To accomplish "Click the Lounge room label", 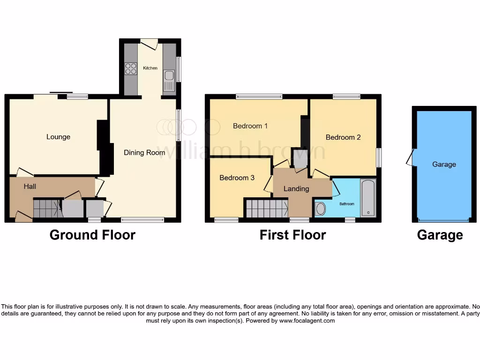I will pos(58,137).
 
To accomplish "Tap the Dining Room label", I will pos(144,152).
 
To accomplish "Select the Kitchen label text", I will pos(150,68).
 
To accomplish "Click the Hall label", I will pos(30,187).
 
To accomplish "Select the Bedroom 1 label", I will pos(250,126).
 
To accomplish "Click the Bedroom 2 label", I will pos(343,137).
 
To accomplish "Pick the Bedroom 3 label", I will pos(237,178).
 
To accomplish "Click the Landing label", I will pos(296,188).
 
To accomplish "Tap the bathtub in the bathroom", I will pos(368,198).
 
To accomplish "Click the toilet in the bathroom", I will pos(321,208).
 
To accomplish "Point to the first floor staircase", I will pos(266,208).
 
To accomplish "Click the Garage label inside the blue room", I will pos(444,165).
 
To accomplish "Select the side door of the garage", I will pos(410,157).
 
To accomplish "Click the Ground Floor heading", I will pos(92,235).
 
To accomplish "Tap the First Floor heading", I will pos(292,235).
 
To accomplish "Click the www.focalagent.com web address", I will pos(307,321).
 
